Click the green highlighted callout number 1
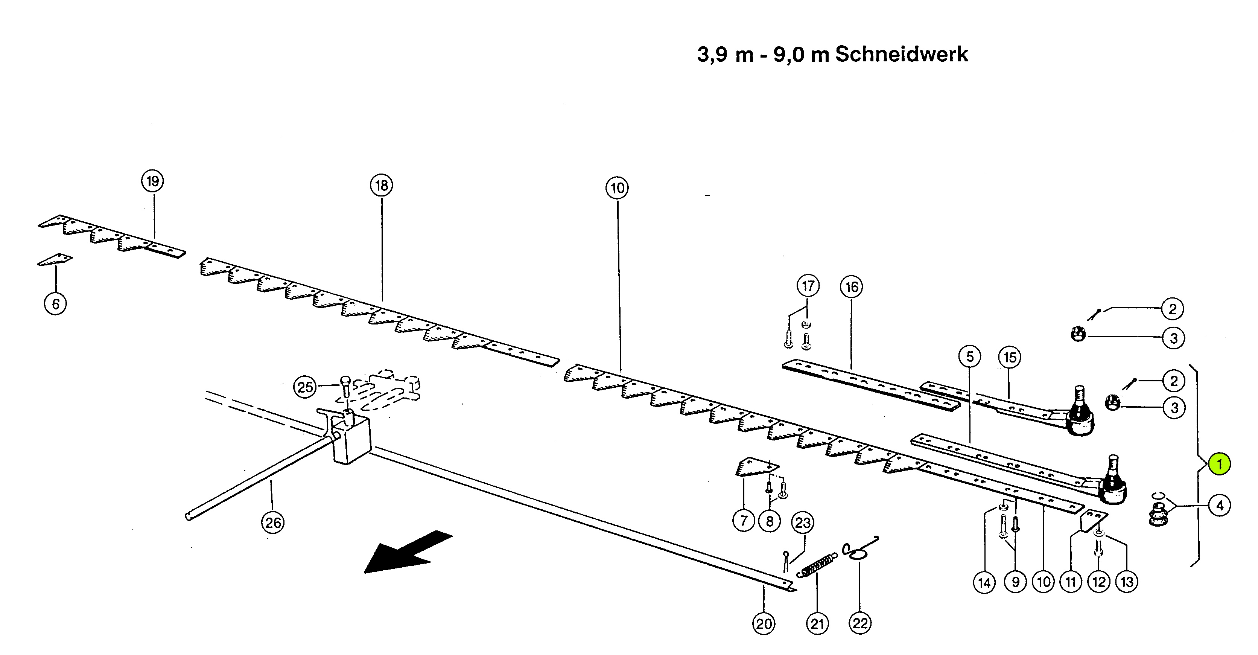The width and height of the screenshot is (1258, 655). click(1219, 464)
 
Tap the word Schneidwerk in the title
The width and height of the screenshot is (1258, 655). click(902, 54)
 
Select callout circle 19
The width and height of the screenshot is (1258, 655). click(153, 181)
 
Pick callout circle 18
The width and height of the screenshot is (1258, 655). click(382, 186)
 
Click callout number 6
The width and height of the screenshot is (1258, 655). click(56, 304)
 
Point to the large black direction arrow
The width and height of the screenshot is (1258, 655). click(408, 552)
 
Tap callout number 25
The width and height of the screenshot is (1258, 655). click(305, 387)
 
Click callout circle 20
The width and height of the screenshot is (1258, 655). click(764, 624)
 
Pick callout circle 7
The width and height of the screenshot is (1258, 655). click(744, 521)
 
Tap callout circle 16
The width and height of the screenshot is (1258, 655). click(852, 287)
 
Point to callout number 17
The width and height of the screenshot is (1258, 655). click(808, 286)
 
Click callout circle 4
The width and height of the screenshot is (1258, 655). click(1219, 506)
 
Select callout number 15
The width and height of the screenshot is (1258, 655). click(1010, 358)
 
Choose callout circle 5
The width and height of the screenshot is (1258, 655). click(970, 356)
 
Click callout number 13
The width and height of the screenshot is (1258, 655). click(1127, 582)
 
